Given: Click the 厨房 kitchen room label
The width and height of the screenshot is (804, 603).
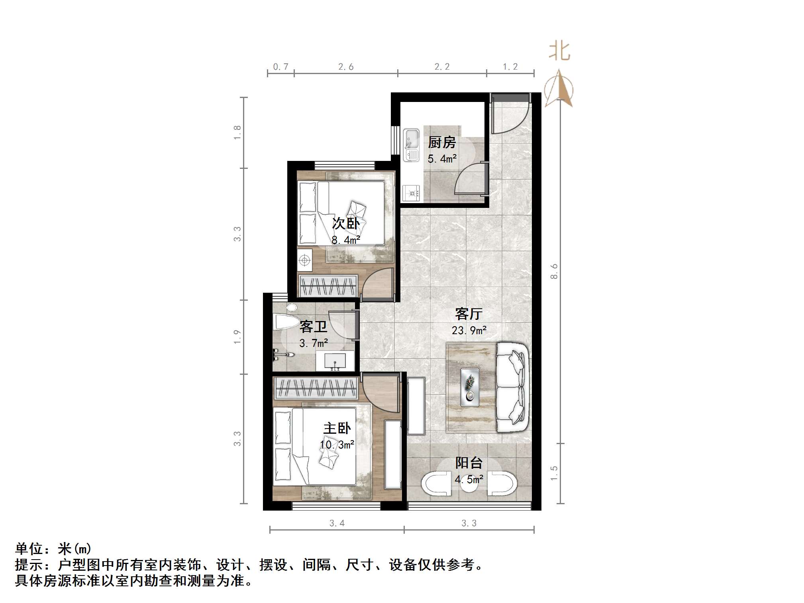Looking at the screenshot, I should click(441, 142).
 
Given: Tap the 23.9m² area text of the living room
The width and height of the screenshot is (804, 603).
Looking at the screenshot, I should click(469, 331).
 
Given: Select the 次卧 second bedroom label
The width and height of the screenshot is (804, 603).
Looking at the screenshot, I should click(346, 223).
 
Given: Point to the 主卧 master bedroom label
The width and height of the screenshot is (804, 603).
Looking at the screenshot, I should click(337, 429).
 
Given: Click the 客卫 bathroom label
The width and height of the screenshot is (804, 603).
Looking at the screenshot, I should click(313, 327).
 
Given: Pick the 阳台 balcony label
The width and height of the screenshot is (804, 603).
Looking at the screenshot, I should click(469, 463).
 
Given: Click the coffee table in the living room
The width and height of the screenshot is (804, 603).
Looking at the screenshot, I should click(470, 387).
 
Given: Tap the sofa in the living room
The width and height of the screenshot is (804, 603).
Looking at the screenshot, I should click(513, 387).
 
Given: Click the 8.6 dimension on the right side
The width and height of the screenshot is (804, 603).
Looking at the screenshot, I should click(554, 272).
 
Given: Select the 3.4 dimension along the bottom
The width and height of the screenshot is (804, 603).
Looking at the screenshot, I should click(337, 523).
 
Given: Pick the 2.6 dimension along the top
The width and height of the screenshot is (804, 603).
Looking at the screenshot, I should click(346, 67).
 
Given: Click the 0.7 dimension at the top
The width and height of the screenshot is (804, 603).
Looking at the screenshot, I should click(280, 67).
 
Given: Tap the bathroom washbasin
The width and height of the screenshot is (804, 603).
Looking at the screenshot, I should click(335, 361).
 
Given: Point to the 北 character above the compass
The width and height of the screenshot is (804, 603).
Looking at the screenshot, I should click(560, 52).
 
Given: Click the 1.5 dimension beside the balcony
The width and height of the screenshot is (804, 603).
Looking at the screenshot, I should click(554, 474).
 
